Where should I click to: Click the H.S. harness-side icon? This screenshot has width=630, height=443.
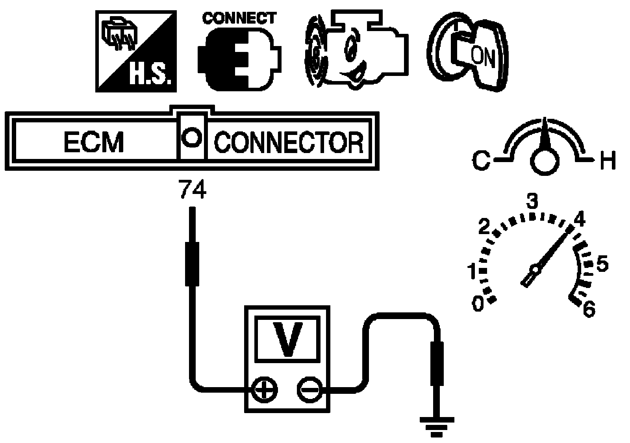click(136, 51)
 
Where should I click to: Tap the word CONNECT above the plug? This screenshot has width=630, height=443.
click(239, 18)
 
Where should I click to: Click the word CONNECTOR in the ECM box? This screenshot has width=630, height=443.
click(289, 142)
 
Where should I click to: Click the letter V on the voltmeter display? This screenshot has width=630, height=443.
click(288, 340)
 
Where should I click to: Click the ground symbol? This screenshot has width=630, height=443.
click(437, 427)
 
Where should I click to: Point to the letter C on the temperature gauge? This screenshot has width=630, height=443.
click(481, 161)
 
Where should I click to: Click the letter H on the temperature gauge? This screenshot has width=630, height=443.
click(608, 161)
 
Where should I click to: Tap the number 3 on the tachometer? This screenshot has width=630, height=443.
click(532, 201)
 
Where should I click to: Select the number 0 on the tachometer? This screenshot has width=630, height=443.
click(478, 304)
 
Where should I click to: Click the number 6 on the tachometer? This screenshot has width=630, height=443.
click(589, 308)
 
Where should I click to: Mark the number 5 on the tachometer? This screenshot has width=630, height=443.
click(602, 264)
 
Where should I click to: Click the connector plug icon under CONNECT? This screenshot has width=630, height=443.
click(239, 59)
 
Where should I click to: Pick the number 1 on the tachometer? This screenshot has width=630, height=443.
click(472, 271)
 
